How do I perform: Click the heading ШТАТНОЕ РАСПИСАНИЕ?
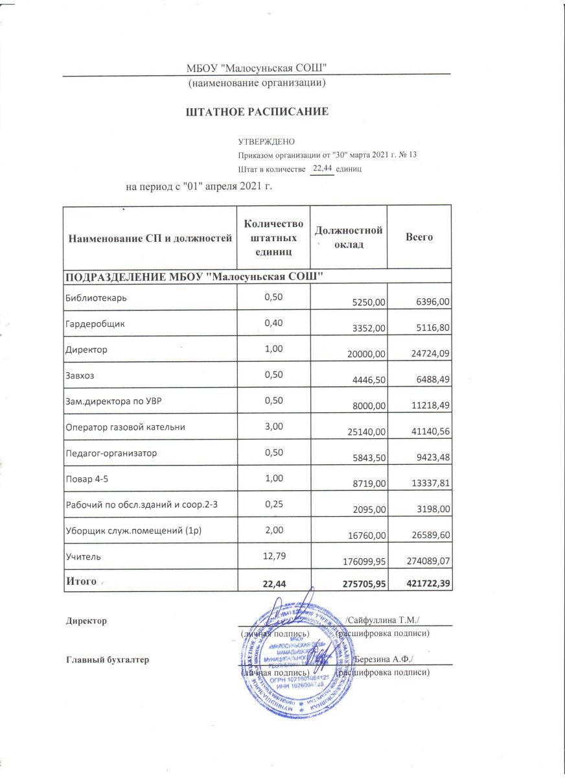(257, 112)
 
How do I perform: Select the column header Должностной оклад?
(349, 238)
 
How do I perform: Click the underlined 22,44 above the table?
(322, 168)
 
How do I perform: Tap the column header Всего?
(419, 237)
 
